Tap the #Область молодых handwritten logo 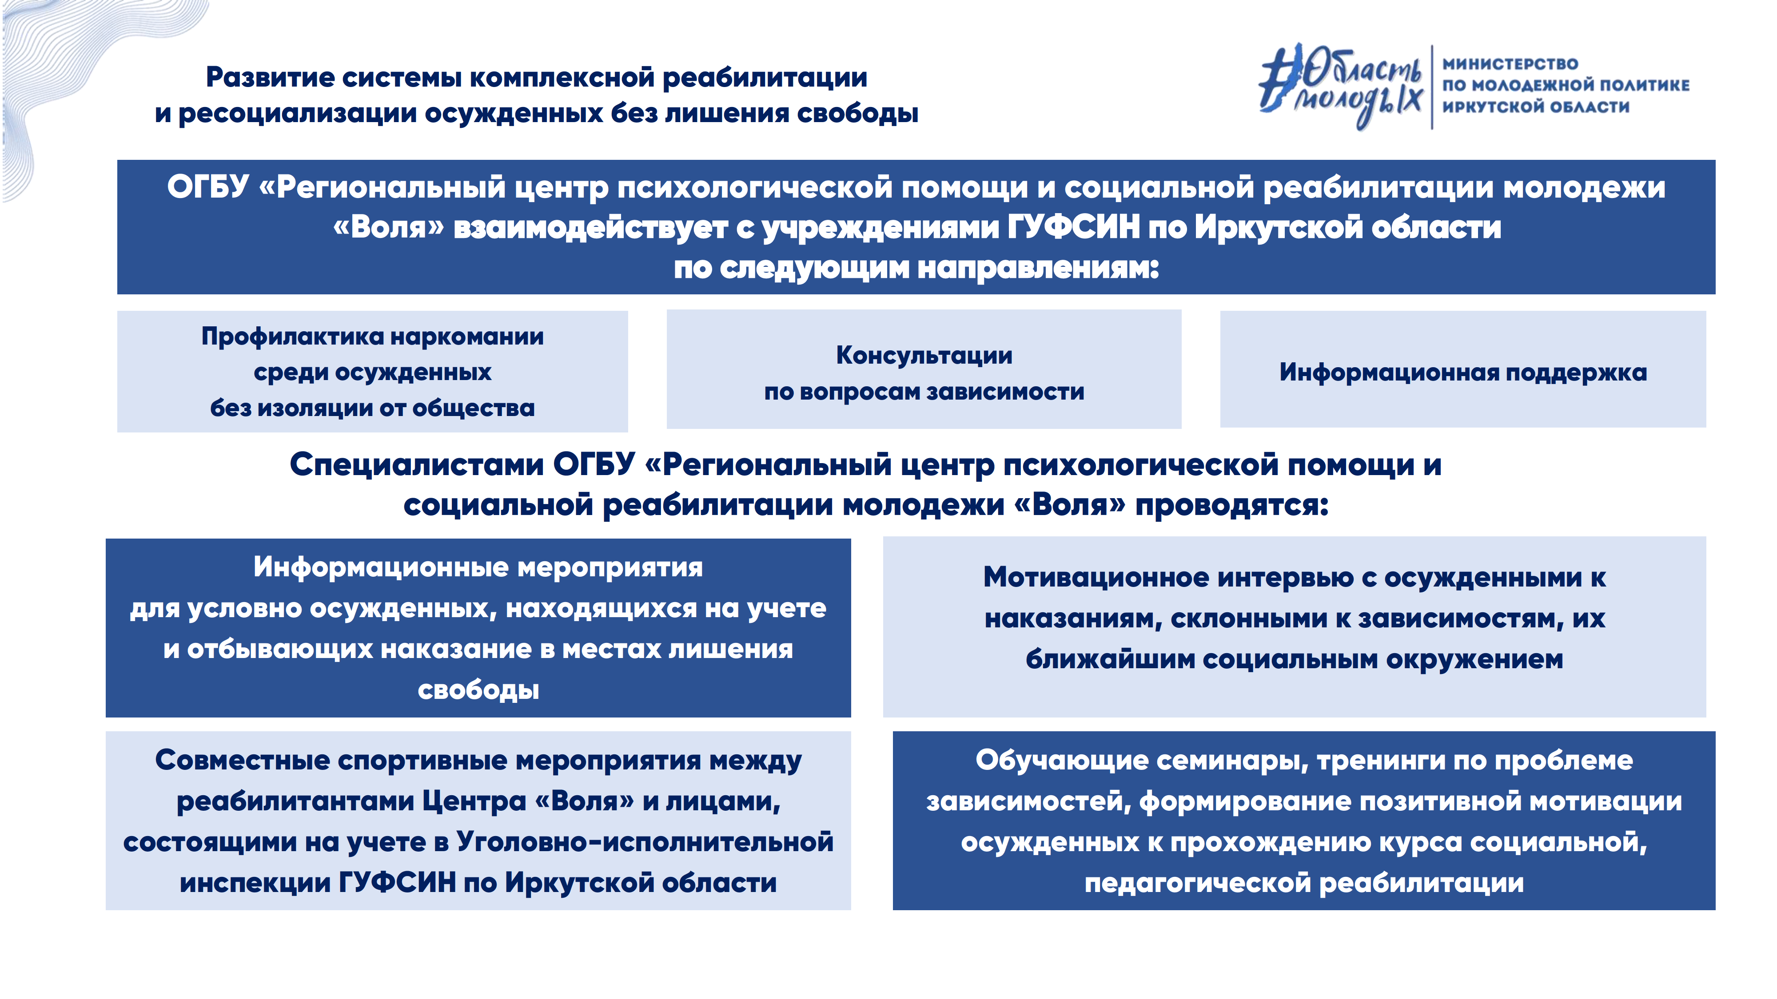[x=1340, y=86]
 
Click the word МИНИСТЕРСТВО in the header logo [x=1510, y=64]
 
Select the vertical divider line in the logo [x=1432, y=87]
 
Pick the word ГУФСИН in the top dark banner [x=1073, y=227]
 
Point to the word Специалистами [x=417, y=465]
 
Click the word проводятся [x=1232, y=505]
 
